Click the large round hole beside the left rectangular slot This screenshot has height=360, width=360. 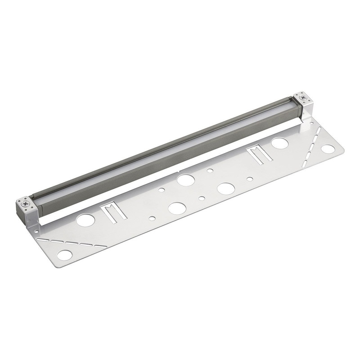(x=85, y=220)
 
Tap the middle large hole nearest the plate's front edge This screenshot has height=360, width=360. (x=176, y=208)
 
